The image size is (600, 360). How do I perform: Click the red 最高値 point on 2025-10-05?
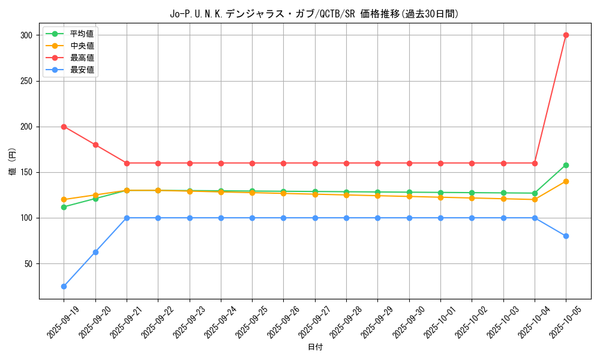pyautogui.click(x=566, y=35)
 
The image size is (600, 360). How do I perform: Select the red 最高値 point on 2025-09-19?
pyautogui.click(x=64, y=127)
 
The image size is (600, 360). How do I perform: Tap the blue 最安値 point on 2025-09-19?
pyautogui.click(x=64, y=286)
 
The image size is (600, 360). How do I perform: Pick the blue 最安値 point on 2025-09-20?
pyautogui.click(x=95, y=252)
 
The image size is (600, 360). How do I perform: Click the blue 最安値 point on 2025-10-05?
pyautogui.click(x=566, y=236)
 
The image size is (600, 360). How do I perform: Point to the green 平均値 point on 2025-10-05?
pyautogui.click(x=566, y=165)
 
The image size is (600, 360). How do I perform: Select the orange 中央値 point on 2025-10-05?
pyautogui.click(x=566, y=181)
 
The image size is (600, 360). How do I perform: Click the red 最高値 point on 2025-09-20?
pyautogui.click(x=95, y=145)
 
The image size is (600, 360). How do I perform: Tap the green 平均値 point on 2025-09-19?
pyautogui.click(x=64, y=207)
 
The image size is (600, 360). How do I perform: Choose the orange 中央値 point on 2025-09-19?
pyautogui.click(x=64, y=199)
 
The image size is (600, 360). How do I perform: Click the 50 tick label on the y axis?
pyautogui.click(x=27, y=263)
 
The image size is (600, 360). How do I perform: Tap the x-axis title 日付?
pyautogui.click(x=315, y=347)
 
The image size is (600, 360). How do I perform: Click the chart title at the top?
pyautogui.click(x=315, y=14)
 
